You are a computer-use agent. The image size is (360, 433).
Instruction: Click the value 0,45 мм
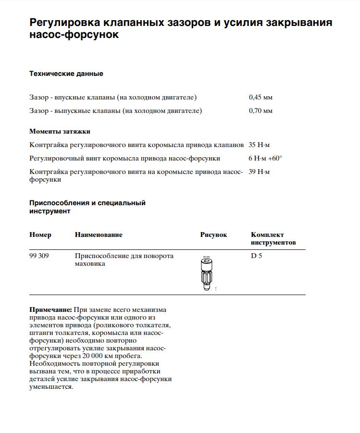[261, 97]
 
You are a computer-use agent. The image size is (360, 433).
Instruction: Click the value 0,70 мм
[261, 111]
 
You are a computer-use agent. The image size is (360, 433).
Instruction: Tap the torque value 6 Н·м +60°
[265, 158]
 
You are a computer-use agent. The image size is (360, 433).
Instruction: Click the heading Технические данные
[66, 74]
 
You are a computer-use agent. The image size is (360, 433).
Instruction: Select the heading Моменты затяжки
[60, 131]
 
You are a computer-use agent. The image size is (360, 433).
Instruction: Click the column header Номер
[40, 235]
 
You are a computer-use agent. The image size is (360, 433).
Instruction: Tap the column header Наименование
[99, 235]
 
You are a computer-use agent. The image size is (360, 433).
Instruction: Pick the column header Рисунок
[213, 235]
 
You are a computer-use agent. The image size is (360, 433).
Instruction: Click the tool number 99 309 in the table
[39, 256]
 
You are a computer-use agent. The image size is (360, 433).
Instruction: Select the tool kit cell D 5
[256, 256]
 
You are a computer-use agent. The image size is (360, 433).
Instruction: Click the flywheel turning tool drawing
[206, 272]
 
